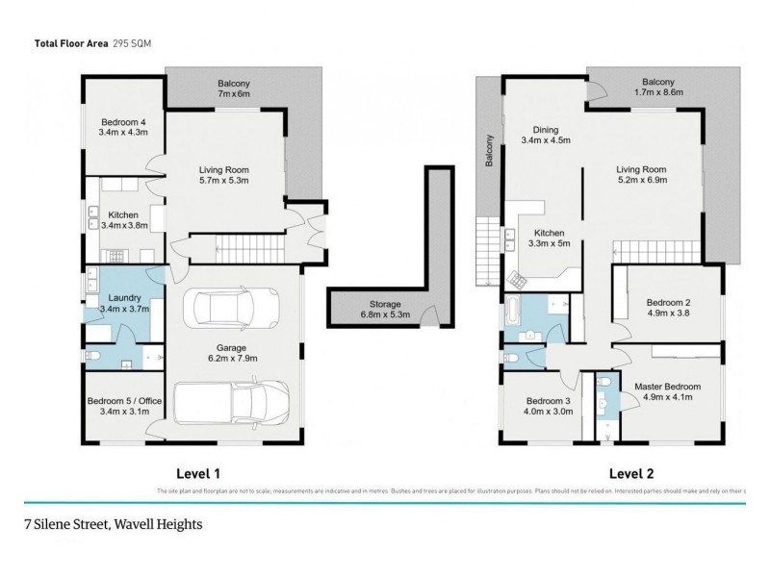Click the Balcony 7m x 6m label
pos(234,89)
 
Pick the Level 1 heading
pos(198,473)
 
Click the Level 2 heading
pos(631,473)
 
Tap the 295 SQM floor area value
pos(131,43)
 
